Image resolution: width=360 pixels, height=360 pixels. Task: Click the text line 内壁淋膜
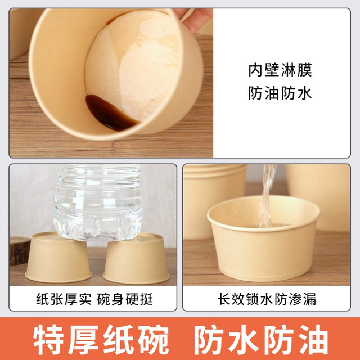[x=280, y=70]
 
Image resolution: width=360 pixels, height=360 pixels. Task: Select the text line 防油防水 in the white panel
[x=280, y=93]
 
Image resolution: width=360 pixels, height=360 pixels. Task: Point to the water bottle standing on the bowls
[x=98, y=202]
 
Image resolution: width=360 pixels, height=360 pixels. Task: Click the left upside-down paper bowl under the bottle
[x=58, y=257]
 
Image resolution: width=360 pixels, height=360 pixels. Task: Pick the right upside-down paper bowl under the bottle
[x=136, y=259]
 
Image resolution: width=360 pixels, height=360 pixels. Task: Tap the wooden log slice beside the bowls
[x=19, y=251]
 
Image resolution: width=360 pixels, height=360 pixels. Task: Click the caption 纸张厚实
[x=64, y=299]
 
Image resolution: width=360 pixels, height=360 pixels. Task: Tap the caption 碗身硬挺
[x=125, y=299]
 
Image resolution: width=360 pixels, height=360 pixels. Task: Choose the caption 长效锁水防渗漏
[x=267, y=299]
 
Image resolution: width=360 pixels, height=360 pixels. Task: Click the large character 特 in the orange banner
[x=48, y=340]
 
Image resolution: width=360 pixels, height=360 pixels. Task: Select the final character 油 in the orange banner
[x=313, y=340]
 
